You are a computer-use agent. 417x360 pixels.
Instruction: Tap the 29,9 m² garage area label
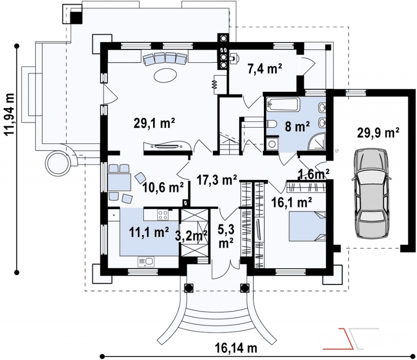377,133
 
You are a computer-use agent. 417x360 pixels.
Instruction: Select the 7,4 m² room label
265,69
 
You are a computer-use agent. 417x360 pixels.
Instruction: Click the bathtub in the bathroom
283,104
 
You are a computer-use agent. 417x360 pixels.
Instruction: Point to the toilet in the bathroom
271,124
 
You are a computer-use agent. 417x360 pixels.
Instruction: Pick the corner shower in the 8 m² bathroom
317,141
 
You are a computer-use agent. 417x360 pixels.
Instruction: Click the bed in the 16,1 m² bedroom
307,226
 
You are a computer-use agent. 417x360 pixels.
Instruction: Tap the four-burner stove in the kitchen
163,215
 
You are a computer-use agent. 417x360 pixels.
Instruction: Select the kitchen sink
146,261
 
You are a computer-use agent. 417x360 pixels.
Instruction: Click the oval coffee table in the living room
165,75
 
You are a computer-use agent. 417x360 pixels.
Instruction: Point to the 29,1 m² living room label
154,124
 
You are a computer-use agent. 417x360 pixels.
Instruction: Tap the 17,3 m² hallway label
217,180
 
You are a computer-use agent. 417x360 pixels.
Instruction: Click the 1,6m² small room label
314,174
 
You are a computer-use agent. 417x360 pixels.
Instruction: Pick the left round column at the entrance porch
188,287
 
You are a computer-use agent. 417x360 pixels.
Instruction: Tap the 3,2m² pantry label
191,236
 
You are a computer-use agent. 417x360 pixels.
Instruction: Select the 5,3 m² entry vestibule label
226,236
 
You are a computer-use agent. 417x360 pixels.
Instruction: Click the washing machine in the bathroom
272,144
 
